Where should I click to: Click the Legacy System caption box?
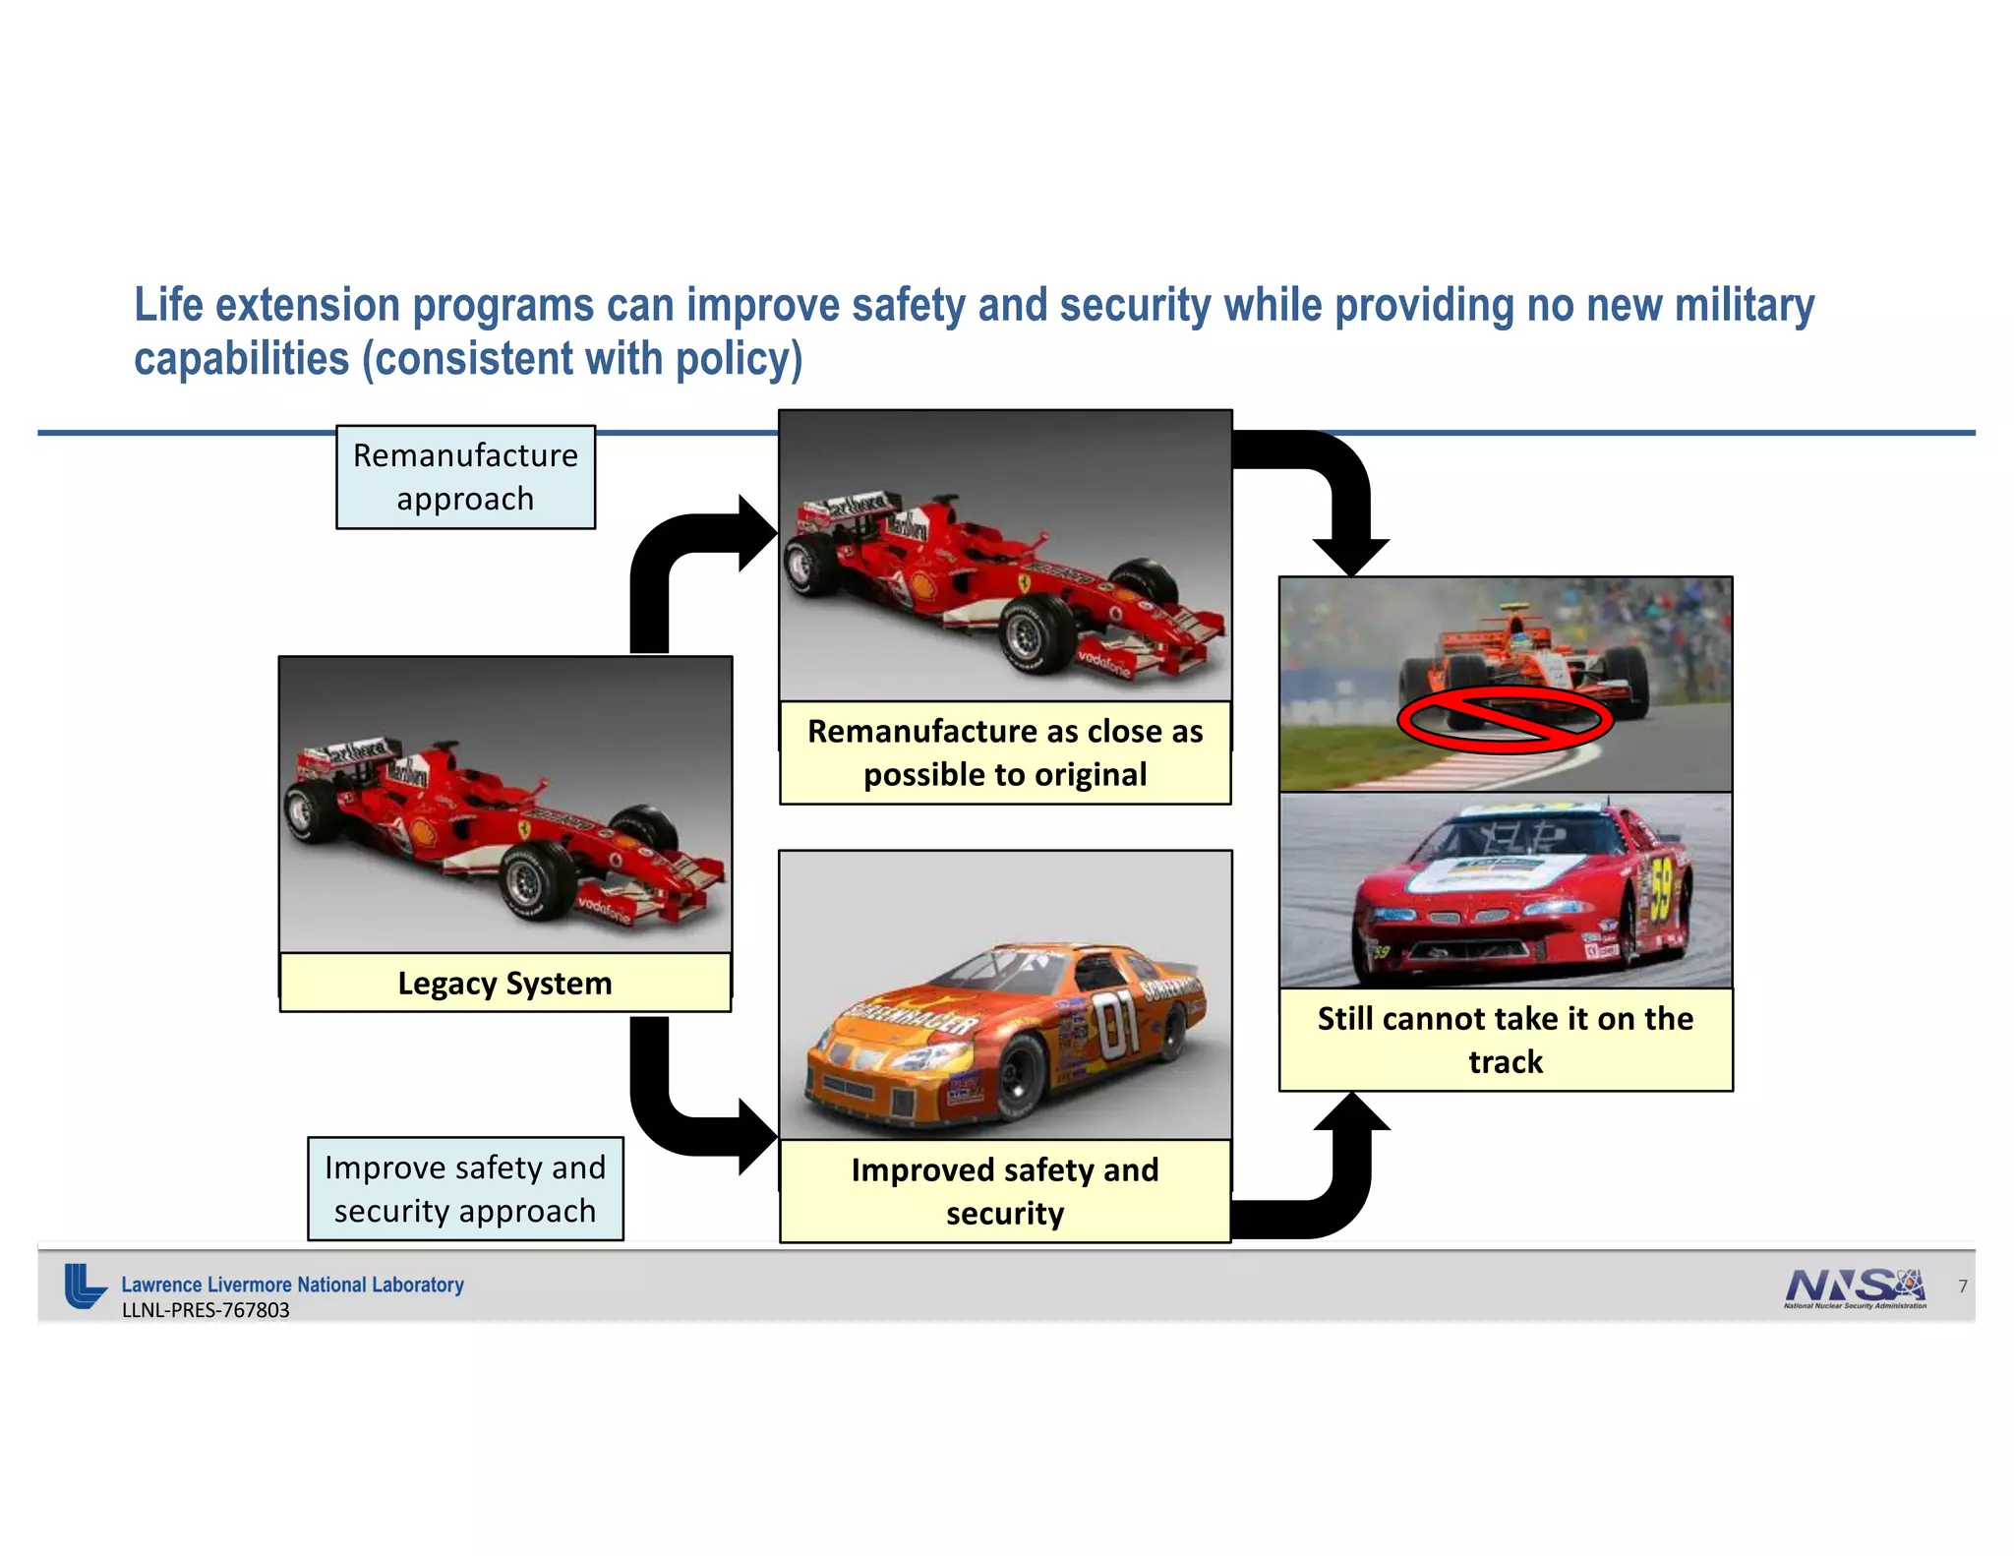[x=504, y=983]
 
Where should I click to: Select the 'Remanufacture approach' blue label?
[x=465, y=477]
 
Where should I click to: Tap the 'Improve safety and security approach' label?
[x=465, y=1189]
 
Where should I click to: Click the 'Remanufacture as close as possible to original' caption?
[x=1004, y=752]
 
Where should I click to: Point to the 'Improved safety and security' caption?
[x=1004, y=1191]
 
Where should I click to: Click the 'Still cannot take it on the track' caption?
[x=1505, y=1040]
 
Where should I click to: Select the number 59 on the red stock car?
[x=1661, y=889]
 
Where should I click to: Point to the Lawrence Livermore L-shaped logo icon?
[x=85, y=1286]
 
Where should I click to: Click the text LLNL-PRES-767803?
[x=206, y=1310]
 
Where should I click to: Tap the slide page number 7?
[x=1962, y=1287]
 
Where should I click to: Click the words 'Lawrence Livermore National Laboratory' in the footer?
[x=292, y=1285]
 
